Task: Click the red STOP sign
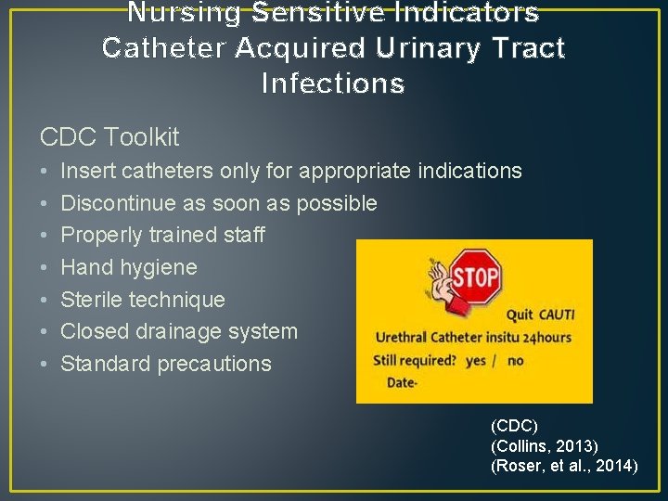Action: [476, 276]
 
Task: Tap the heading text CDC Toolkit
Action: [109, 137]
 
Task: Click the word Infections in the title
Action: [333, 83]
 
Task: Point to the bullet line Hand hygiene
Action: [128, 267]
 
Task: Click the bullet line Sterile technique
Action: [142, 300]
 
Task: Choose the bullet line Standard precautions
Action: [165, 364]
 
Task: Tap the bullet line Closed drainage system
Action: [178, 331]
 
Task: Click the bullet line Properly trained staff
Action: [162, 235]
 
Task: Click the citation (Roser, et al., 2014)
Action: [563, 466]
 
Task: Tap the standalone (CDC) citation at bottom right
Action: [514, 426]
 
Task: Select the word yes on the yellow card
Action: [476, 360]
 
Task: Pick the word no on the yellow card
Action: [516, 360]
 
